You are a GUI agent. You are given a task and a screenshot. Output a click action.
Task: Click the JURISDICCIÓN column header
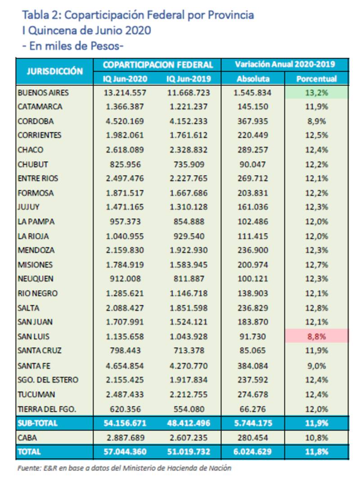[55, 71]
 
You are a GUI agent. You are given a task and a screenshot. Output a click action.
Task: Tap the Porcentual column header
[317, 79]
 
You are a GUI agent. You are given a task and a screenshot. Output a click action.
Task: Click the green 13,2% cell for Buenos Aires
[317, 93]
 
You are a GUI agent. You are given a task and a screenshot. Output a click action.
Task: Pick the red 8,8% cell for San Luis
[317, 336]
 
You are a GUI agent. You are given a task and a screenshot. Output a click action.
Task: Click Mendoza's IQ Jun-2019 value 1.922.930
[189, 250]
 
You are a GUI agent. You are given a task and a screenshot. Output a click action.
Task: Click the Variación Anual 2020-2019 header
[285, 64]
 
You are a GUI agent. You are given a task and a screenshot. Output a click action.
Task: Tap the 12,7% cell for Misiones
[317, 265]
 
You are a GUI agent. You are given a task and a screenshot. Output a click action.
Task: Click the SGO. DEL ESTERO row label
[48, 380]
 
